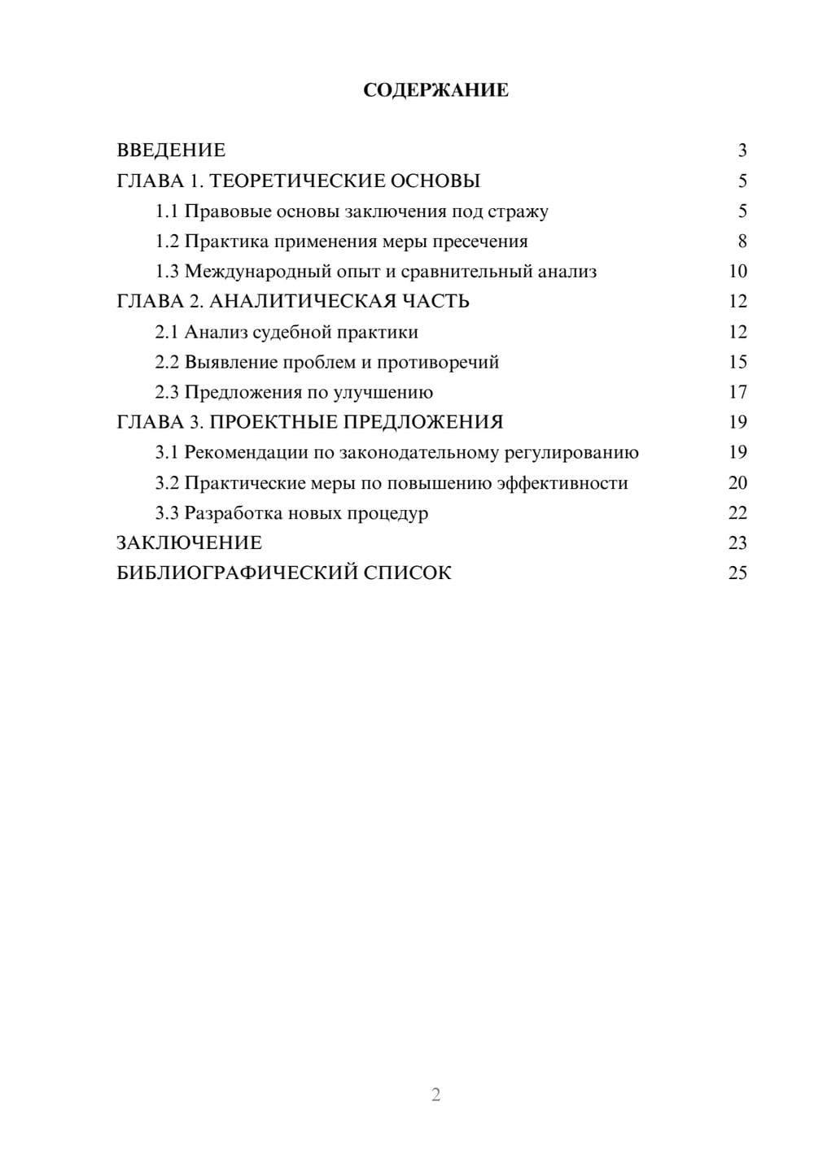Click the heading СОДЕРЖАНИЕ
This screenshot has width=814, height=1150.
435,90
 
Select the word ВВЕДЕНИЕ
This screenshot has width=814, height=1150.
171,150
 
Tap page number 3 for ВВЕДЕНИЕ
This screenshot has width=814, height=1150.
742,150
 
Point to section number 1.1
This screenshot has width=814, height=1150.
167,211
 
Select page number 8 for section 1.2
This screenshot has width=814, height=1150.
742,242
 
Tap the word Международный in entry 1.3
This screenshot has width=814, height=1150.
257,272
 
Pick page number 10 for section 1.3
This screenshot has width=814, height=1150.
737,272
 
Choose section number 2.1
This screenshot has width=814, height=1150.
167,332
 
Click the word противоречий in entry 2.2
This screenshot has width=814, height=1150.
438,363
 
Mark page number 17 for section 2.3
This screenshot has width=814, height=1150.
737,392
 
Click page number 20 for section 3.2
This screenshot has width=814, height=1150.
737,483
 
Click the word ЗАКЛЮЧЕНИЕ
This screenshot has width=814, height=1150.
189,542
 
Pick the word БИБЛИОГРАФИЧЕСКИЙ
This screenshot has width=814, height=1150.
236,573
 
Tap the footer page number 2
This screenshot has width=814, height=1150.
435,1095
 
